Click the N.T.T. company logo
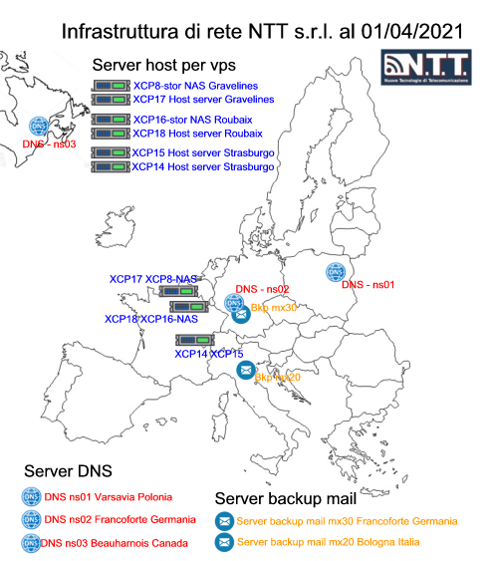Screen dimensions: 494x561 [425, 67]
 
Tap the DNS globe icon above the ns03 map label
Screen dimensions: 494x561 [39, 126]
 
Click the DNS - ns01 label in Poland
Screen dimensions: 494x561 [368, 285]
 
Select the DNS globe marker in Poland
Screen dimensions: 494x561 [336, 272]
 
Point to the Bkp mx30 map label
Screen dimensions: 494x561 [274, 308]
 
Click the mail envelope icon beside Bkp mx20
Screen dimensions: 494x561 [246, 370]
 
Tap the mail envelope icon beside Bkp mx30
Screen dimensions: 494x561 [241, 315]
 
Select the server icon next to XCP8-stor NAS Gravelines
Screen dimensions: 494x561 [112, 86]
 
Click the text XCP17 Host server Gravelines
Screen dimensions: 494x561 [203, 99]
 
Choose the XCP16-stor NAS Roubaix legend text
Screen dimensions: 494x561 [193, 120]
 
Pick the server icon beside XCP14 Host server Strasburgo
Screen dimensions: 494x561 [111, 167]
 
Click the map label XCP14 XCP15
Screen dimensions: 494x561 [209, 354]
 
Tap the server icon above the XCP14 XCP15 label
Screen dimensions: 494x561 [195, 340]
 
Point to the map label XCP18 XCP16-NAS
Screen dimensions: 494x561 [151, 319]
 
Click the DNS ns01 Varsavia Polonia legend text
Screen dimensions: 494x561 [108, 497]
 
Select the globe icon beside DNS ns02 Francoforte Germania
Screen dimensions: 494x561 [31, 519]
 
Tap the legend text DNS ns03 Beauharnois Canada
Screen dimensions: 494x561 [115, 543]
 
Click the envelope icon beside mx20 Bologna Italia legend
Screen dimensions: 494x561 [224, 542]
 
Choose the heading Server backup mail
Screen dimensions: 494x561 [286, 499]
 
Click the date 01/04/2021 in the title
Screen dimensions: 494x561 [412, 32]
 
